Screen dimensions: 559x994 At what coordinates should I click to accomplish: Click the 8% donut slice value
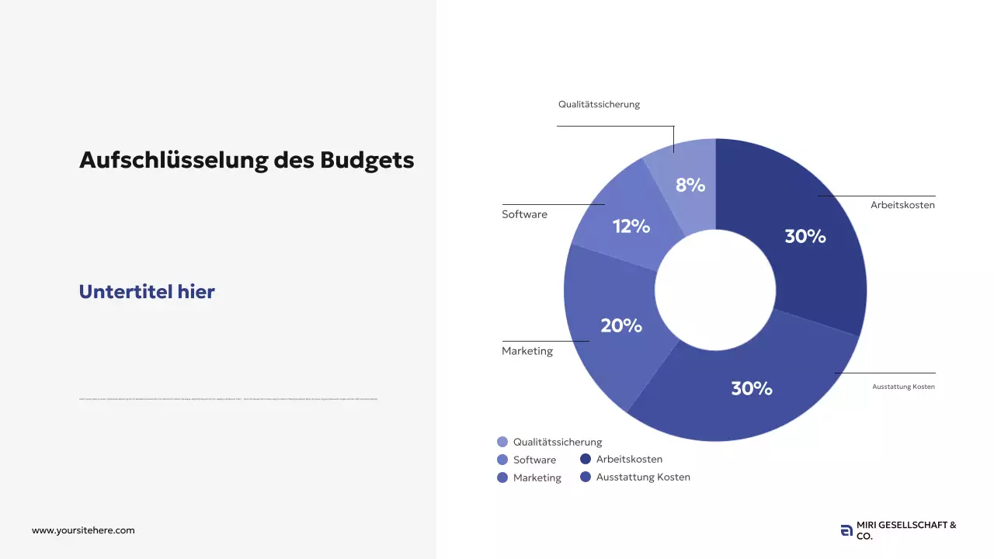coord(690,186)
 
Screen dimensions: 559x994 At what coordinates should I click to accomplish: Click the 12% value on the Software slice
coord(631,227)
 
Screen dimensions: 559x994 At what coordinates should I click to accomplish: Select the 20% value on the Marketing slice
coord(620,326)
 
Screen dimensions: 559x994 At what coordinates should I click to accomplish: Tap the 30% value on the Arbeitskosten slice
coord(805,237)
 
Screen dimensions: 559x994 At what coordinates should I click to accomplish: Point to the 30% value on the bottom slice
coord(751,389)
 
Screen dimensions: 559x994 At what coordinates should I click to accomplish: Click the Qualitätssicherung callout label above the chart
coord(599,104)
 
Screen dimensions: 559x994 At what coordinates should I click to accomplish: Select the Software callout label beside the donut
coord(524,214)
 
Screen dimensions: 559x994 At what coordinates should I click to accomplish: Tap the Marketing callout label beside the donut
coord(527,351)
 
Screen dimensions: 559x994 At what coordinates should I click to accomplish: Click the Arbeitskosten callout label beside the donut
coord(902,206)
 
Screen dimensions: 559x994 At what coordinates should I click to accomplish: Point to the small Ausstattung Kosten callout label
coord(903,387)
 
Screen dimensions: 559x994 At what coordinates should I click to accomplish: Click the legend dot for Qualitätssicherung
coord(502,442)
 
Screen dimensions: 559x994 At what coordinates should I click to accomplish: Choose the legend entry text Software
coord(534,460)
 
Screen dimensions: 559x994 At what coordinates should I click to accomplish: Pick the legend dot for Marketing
coord(502,477)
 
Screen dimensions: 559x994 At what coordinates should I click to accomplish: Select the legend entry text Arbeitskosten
coord(629,459)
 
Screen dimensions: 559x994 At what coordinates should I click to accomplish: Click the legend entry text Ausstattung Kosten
coord(643,477)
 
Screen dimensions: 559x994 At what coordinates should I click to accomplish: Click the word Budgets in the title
coord(367,161)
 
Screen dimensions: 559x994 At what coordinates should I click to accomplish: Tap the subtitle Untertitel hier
coord(147,292)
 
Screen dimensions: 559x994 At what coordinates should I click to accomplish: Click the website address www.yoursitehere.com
coord(83,530)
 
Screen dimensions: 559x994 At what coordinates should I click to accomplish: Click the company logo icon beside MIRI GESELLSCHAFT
coord(846,531)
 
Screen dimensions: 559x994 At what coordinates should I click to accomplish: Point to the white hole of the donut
coord(715,290)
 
